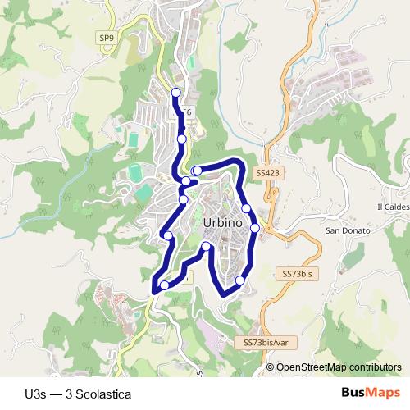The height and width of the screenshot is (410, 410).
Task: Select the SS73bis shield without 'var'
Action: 297,273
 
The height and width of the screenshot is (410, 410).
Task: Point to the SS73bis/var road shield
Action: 266,341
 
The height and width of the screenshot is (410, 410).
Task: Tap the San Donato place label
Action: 348,230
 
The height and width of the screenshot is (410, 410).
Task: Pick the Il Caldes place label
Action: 392,206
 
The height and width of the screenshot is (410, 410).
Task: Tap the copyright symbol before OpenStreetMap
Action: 271,367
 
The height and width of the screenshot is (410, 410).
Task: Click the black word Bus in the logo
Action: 353,394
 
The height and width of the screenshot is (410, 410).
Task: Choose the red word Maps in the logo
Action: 384,394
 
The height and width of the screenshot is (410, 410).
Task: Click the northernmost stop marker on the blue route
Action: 176,92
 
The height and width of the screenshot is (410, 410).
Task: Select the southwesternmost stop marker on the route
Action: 165,285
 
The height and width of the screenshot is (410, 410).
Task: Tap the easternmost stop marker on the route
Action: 255,227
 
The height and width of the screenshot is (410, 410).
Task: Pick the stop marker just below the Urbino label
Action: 206,246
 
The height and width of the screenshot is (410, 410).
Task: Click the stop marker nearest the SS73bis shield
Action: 240,281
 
